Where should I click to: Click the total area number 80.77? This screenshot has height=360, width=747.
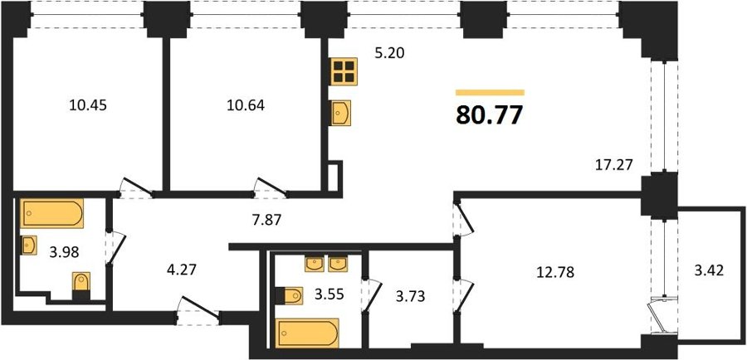(490, 115)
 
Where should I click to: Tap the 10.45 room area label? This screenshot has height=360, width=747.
(88, 105)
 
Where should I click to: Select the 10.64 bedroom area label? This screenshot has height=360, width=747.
(246, 105)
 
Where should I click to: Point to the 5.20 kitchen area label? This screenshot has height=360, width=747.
(389, 53)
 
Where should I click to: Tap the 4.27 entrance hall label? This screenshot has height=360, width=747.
(181, 270)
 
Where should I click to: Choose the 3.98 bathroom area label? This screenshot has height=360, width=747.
(64, 251)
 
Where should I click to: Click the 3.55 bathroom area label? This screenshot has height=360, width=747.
(329, 294)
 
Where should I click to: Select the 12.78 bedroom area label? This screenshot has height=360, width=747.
(555, 272)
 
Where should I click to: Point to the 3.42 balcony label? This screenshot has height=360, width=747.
(709, 271)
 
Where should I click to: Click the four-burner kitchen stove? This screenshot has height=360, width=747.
(343, 71)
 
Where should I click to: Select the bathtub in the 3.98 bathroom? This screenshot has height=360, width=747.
(52, 213)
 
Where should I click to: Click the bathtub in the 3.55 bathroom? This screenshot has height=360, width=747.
(308, 333)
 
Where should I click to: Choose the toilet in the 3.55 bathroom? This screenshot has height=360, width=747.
(289, 295)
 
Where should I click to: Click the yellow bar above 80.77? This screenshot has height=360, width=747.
(490, 92)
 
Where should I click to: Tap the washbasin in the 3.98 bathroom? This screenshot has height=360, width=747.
(30, 246)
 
